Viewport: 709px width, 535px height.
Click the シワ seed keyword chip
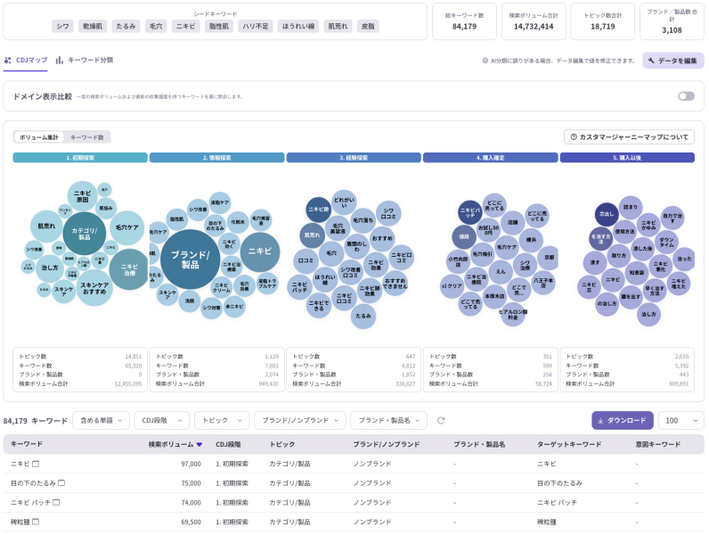(62, 27)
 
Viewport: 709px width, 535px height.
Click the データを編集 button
(673, 61)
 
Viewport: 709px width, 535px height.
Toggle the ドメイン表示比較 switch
(686, 96)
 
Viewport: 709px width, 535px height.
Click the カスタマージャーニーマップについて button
(629, 137)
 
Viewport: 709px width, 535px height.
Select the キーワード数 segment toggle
(87, 137)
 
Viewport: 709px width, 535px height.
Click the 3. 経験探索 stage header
(354, 158)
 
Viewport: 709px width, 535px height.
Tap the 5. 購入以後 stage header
(627, 158)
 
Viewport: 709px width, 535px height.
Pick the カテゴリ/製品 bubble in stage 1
(84, 234)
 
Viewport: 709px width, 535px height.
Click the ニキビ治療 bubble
(129, 269)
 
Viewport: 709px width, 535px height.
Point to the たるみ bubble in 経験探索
(363, 316)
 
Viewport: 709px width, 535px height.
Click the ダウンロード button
(623, 420)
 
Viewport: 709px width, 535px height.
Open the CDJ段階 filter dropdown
(161, 420)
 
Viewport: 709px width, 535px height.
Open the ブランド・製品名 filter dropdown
(389, 420)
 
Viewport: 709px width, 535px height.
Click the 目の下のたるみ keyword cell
(33, 482)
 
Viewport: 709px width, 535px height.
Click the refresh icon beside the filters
(440, 420)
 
